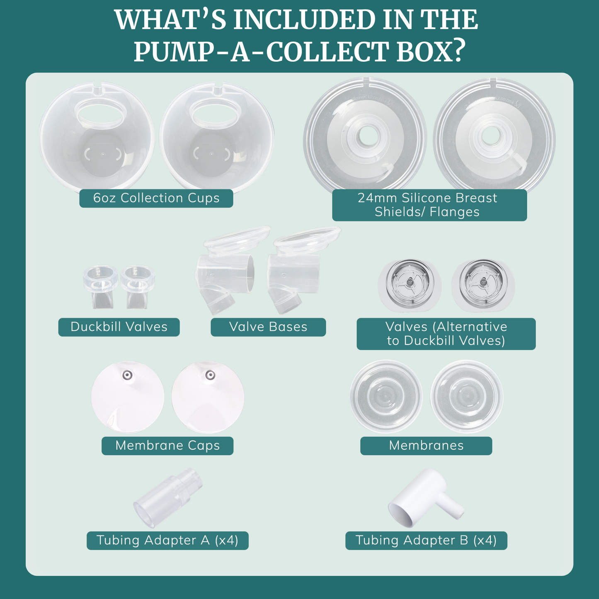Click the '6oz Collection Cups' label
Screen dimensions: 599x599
(x=156, y=198)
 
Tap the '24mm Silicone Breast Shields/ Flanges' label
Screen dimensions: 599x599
(x=429, y=205)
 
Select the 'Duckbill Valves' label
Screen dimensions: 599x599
(x=119, y=327)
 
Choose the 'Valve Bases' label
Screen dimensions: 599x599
(x=268, y=327)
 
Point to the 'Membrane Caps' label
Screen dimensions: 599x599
(x=167, y=446)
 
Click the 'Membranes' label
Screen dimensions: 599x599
(x=426, y=446)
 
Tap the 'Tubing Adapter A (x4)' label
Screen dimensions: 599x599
(x=167, y=541)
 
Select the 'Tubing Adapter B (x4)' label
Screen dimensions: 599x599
(x=426, y=541)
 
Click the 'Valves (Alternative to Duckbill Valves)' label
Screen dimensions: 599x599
(x=446, y=334)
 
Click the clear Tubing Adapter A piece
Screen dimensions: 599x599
(x=168, y=498)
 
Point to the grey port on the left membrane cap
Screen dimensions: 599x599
(x=127, y=375)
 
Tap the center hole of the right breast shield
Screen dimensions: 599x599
(x=490, y=136)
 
